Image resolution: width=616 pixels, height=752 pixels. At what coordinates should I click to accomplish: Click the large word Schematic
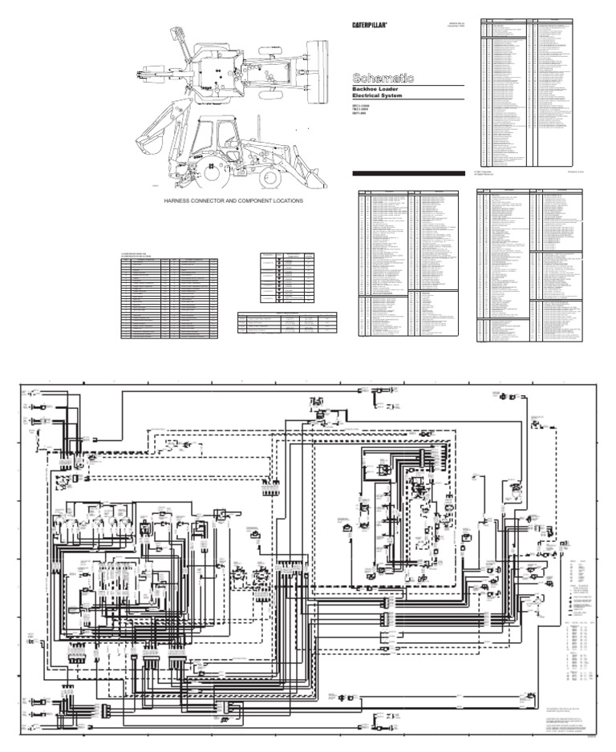coord(383,78)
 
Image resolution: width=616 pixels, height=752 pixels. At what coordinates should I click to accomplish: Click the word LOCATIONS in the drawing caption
coord(285,201)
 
